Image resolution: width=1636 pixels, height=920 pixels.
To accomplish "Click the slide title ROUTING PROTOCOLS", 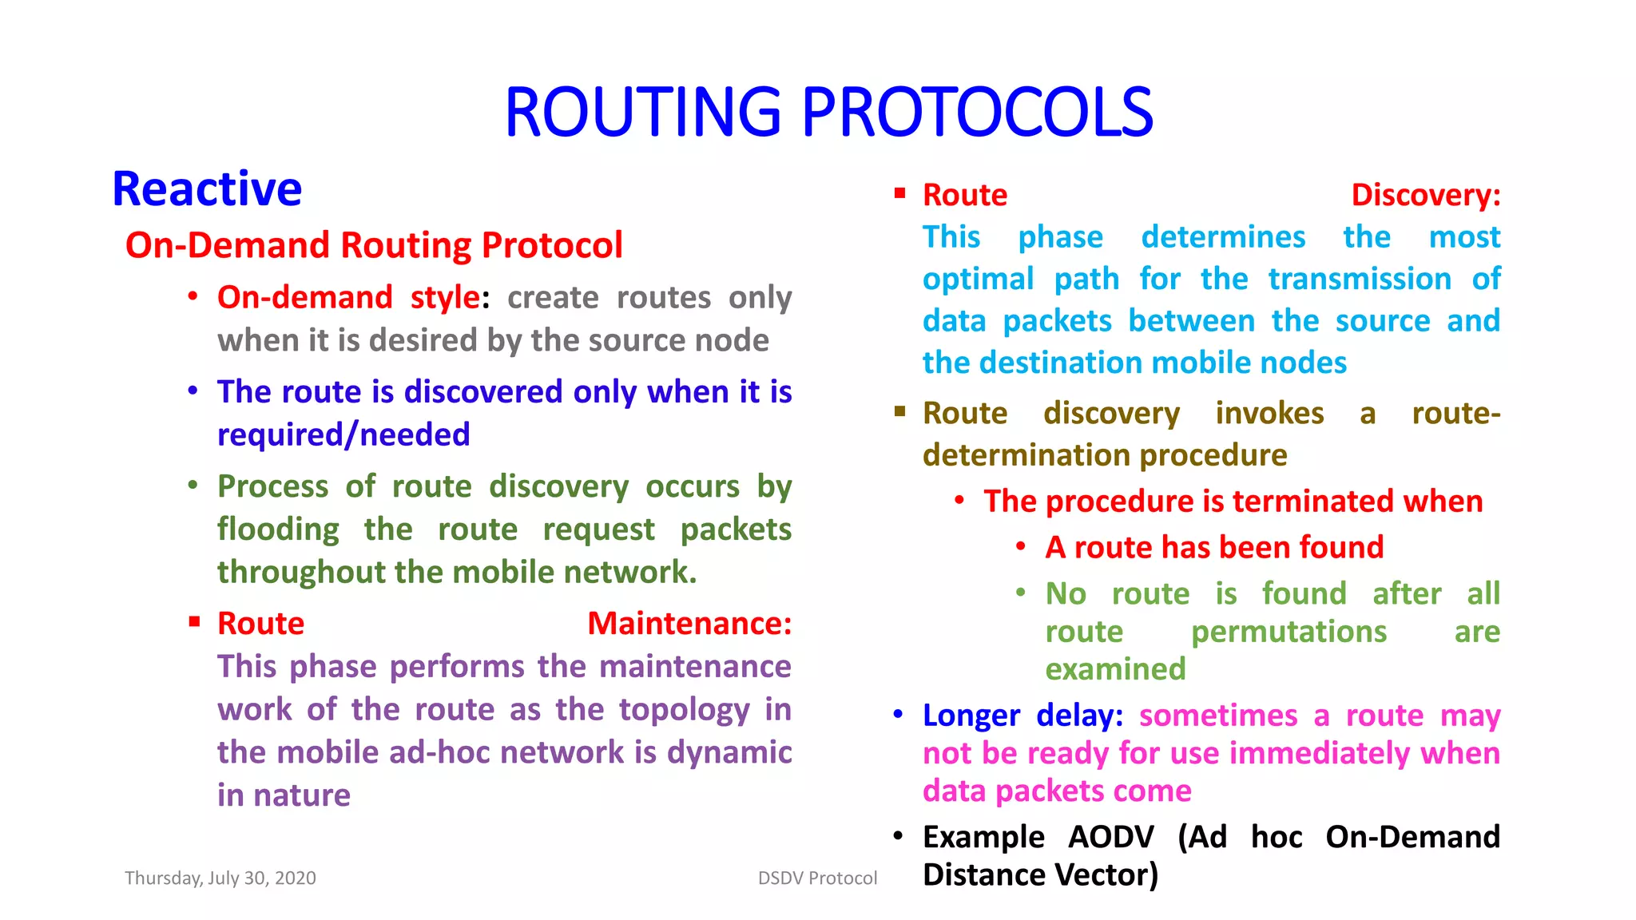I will point(828,113).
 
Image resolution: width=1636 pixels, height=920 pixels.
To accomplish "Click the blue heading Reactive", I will point(207,190).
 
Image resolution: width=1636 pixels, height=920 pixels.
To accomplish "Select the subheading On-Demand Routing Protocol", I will point(374,245).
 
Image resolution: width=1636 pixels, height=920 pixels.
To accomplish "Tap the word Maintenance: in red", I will point(689,624).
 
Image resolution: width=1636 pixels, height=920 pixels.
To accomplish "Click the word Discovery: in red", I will point(1425,196).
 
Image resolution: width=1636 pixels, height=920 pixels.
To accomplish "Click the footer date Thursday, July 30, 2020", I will point(220,878).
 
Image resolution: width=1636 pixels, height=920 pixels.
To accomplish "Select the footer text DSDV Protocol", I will point(817,878).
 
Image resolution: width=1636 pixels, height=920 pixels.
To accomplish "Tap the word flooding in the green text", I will point(278,530).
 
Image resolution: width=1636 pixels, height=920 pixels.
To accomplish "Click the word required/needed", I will point(343,435).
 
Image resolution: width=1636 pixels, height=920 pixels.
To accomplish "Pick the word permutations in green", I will point(1289,632).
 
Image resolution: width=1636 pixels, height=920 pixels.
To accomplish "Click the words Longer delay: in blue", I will point(1022,716).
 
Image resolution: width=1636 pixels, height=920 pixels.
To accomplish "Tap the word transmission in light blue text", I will point(1360,280).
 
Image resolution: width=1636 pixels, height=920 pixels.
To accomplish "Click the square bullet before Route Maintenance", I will point(194,621).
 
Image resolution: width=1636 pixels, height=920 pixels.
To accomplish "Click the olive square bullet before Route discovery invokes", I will point(899,411).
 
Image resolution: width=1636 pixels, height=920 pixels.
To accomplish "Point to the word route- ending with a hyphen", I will point(1455,414).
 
